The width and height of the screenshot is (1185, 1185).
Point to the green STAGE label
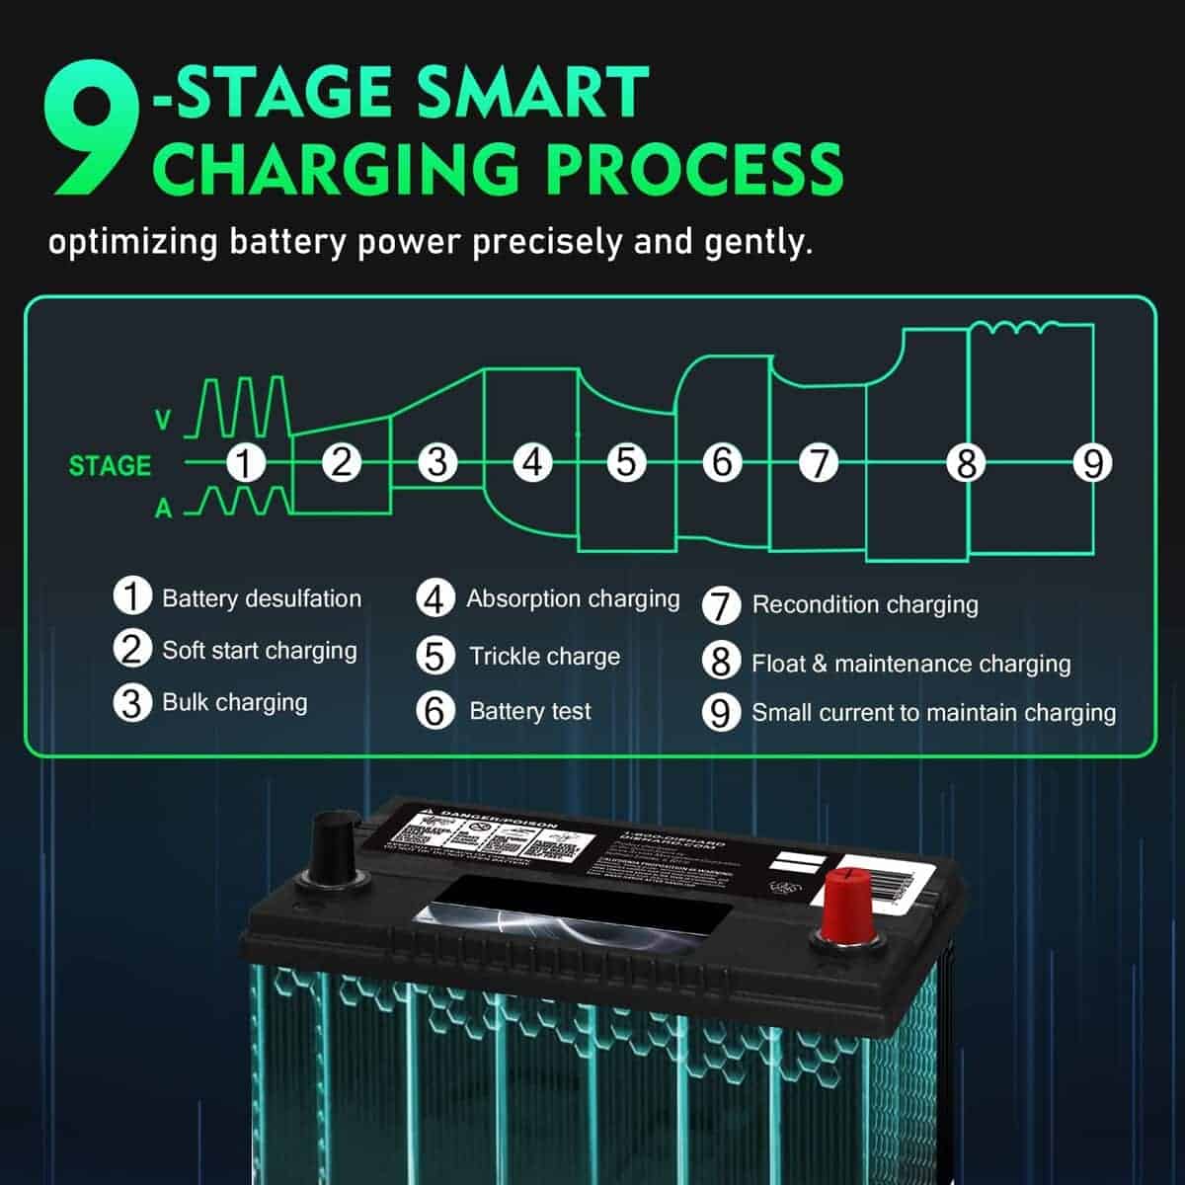(110, 465)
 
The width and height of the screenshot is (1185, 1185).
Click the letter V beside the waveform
(164, 421)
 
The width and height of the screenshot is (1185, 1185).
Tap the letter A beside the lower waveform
(164, 510)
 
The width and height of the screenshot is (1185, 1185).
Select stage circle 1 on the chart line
(246, 462)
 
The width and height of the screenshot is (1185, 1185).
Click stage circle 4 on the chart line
(533, 462)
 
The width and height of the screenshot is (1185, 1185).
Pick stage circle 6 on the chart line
(723, 462)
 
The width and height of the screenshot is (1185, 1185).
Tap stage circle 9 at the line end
(1092, 462)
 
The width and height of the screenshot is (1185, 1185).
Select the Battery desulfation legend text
(262, 598)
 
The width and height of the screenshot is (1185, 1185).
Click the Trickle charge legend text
(544, 657)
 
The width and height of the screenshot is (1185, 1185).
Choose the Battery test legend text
(530, 711)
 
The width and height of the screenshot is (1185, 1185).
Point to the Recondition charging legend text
(865, 604)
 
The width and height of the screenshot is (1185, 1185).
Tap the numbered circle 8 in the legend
(721, 661)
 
